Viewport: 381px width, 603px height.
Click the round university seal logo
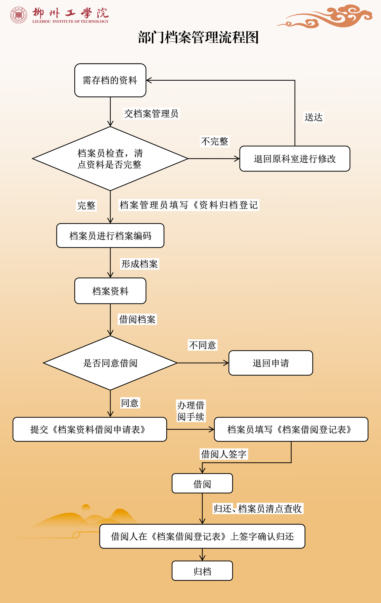point(19,15)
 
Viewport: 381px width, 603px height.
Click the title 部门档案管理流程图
point(198,37)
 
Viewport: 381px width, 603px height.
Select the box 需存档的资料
point(110,80)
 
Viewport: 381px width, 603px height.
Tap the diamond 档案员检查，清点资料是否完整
point(110,159)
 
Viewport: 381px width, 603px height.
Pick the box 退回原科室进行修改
point(295,159)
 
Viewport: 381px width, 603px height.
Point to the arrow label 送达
point(314,117)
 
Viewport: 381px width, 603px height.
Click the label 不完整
point(215,142)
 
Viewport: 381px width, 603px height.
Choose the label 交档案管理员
point(151,114)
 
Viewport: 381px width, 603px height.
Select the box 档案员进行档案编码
point(110,236)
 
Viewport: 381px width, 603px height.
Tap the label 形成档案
point(140,264)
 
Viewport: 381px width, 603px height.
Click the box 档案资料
point(110,291)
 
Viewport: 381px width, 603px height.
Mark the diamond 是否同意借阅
point(110,363)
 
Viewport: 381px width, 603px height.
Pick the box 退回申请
point(271,363)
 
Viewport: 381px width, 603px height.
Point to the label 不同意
point(202,345)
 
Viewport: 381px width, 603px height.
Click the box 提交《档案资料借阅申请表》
point(90,429)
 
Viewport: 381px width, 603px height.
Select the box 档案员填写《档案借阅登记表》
point(291,429)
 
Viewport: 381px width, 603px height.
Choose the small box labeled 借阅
point(202,483)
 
